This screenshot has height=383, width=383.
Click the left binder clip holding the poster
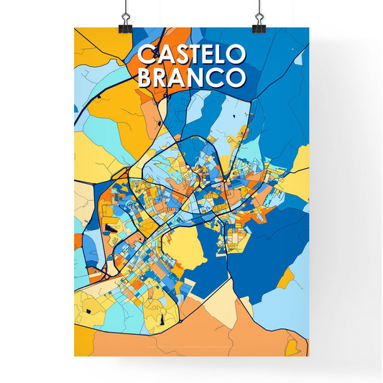[x=124, y=22]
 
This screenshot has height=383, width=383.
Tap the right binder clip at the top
[x=258, y=22]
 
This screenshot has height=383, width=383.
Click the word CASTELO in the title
[x=191, y=55]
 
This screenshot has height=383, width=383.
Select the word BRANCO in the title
[x=191, y=78]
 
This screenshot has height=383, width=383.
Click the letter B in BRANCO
[x=145, y=78]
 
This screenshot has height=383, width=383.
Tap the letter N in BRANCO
[x=199, y=78]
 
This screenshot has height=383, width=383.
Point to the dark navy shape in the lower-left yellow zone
[x=88, y=310]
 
